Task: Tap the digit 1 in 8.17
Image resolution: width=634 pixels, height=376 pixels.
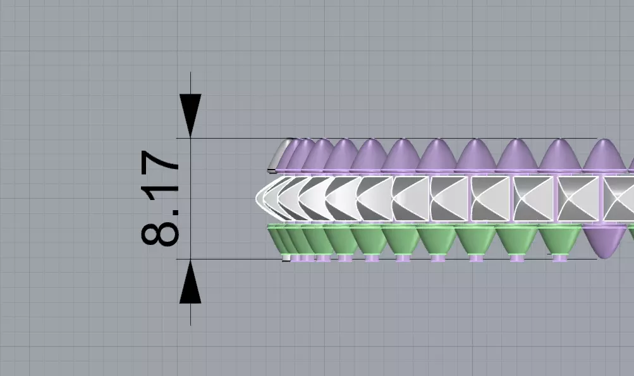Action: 160,191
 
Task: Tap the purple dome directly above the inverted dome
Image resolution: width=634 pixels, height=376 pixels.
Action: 605,156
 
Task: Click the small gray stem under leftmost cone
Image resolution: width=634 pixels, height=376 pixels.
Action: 286,258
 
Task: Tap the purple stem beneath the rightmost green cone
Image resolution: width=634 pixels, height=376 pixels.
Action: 559,257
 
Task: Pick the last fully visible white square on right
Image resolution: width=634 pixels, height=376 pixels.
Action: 576,199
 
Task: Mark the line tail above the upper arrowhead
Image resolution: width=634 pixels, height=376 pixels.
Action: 190,82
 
